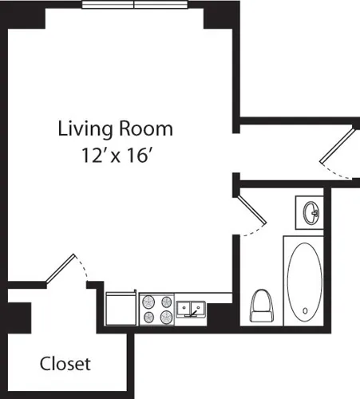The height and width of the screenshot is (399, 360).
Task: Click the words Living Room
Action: tap(115, 128)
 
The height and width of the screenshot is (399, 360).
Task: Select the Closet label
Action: tap(65, 364)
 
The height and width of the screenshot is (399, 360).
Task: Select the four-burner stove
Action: tap(156, 308)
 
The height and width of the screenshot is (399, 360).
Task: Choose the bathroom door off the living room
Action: tap(251, 212)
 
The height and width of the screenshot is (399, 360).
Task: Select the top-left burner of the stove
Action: tap(148, 301)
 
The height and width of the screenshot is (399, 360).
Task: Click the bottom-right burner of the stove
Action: tap(165, 316)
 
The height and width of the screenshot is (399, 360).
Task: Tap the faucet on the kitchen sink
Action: tap(192, 303)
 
